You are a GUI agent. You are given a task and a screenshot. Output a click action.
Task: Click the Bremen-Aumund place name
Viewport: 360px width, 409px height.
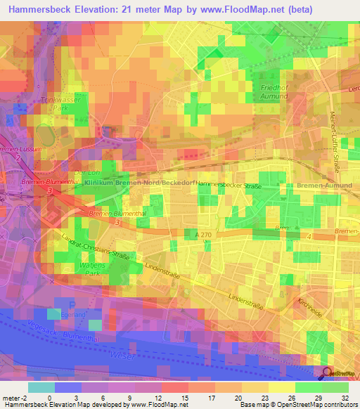pos(321,183)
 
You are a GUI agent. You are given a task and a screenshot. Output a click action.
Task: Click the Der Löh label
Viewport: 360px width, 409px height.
pos(84,171)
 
